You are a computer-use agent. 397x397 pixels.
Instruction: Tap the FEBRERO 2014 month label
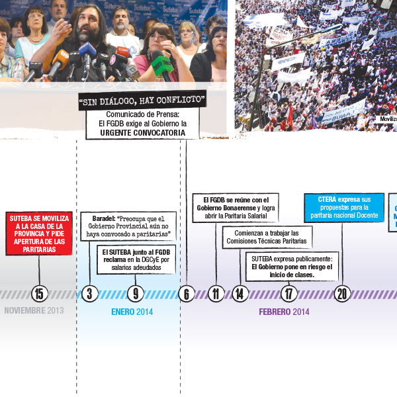(284, 311)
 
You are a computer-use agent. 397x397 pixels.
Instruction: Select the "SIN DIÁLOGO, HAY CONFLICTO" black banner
(142, 101)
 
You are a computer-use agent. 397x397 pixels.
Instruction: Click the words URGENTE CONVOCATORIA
(142, 132)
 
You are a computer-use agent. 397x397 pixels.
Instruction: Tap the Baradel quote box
(128, 226)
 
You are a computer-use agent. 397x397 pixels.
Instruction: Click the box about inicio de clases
(292, 266)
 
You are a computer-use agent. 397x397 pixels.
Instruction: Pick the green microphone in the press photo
(161, 64)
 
